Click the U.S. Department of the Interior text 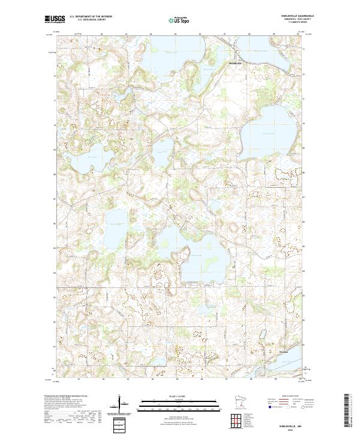[91, 16]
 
